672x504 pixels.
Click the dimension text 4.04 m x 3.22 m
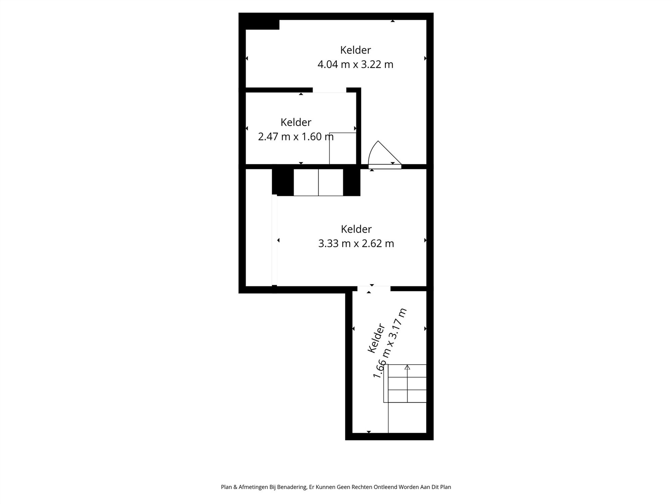[x=355, y=64]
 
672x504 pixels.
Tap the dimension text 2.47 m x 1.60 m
[x=296, y=137]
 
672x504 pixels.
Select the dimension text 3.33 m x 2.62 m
[x=356, y=243]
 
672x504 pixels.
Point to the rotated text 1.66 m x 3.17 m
[x=390, y=343]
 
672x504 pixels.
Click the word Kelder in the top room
[x=355, y=50]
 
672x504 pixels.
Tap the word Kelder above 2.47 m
[x=296, y=122]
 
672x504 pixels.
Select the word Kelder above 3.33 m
[x=356, y=229]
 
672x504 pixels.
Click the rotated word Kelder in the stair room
[x=376, y=338]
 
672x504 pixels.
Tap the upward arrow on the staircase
[x=407, y=368]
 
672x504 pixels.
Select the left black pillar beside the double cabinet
[x=283, y=182]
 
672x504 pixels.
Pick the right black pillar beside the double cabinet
[x=351, y=182]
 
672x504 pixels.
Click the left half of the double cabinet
[x=306, y=182]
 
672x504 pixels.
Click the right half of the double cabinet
[x=331, y=182]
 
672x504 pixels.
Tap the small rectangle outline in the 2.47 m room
[x=342, y=149]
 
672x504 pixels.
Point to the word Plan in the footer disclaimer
[x=226, y=487]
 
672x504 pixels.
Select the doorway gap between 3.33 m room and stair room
[x=374, y=289]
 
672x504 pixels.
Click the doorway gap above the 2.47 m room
[x=329, y=90]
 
